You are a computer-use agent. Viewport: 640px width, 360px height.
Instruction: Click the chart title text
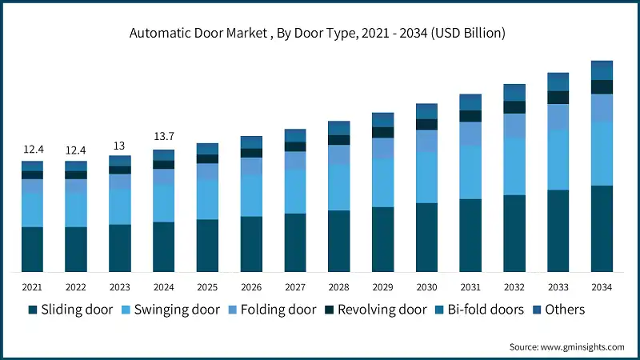pyautogui.click(x=320, y=33)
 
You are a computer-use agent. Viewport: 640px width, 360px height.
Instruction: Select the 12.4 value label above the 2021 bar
pyautogui.click(x=33, y=150)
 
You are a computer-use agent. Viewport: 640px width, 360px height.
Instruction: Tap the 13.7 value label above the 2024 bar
pyautogui.click(x=164, y=137)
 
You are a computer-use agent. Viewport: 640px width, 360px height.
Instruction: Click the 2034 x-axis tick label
pyautogui.click(x=602, y=286)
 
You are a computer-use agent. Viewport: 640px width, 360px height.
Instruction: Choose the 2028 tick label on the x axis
pyautogui.click(x=339, y=286)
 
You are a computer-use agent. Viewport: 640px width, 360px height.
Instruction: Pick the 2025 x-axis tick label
pyautogui.click(x=207, y=286)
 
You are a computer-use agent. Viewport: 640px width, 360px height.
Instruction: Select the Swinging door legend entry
pyautogui.click(x=170, y=310)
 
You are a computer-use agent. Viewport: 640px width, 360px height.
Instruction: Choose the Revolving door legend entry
pyautogui.click(x=374, y=310)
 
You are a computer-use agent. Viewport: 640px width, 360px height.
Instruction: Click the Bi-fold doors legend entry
pyautogui.click(x=479, y=310)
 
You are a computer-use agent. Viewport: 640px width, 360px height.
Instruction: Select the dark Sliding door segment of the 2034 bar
pyautogui.click(x=602, y=228)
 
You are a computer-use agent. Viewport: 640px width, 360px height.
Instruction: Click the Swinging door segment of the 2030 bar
pyautogui.click(x=426, y=177)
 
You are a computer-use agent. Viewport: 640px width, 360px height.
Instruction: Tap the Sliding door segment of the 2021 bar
pyautogui.click(x=33, y=249)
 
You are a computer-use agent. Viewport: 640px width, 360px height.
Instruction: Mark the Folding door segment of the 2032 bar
pyautogui.click(x=514, y=125)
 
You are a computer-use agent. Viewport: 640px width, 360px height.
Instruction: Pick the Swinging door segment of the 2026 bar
pyautogui.click(x=251, y=195)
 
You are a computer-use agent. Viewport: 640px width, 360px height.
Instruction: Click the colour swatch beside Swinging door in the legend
pyautogui.click(x=126, y=310)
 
